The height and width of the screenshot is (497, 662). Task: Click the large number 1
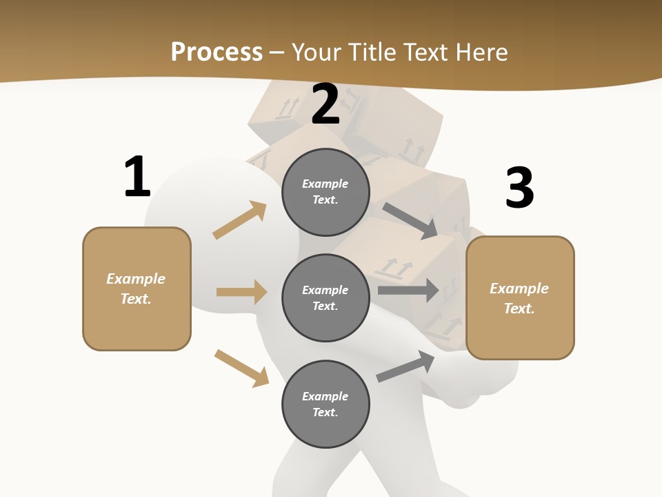137,177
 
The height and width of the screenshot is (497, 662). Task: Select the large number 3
520,188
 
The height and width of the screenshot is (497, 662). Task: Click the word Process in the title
217,52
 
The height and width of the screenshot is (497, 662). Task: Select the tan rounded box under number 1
137,289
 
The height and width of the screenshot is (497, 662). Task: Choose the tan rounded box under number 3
520,298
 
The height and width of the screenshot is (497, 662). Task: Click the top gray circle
325,192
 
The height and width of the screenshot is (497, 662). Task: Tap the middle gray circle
325,298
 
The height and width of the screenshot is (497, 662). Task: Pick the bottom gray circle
325,404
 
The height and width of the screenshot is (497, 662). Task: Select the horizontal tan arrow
241,292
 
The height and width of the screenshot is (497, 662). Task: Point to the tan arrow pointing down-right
241,368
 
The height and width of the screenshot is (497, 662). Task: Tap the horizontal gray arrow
408,290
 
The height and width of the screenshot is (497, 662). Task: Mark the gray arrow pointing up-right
405,366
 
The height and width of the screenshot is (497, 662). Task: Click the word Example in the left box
136,279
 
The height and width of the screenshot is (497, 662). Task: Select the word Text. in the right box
519,309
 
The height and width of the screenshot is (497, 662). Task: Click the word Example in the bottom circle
325,396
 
